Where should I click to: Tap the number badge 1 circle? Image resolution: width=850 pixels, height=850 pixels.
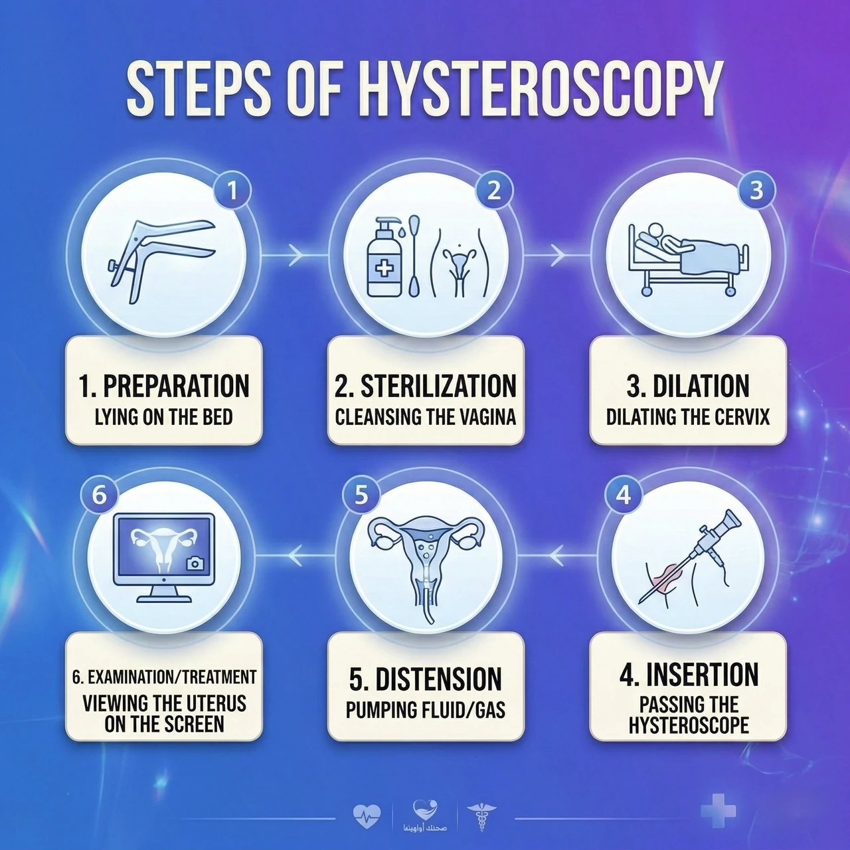[232, 191]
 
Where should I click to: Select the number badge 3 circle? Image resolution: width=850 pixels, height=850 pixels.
[756, 191]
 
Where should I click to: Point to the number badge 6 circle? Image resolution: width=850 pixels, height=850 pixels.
[99, 495]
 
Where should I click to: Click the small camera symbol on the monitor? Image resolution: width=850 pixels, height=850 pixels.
[195, 563]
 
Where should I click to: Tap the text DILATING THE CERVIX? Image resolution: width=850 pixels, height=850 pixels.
[688, 417]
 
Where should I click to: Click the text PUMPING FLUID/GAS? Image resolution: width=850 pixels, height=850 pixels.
[425, 711]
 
